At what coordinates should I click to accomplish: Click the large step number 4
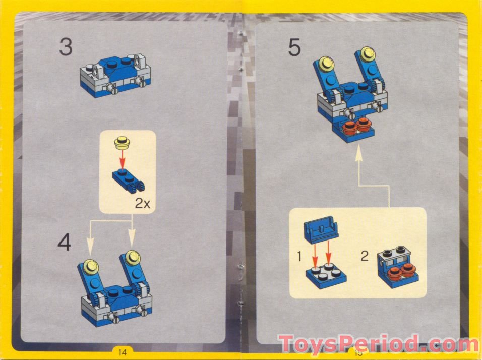click(65, 243)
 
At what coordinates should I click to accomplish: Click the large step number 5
click(295, 48)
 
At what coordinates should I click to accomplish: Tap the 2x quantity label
click(144, 204)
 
